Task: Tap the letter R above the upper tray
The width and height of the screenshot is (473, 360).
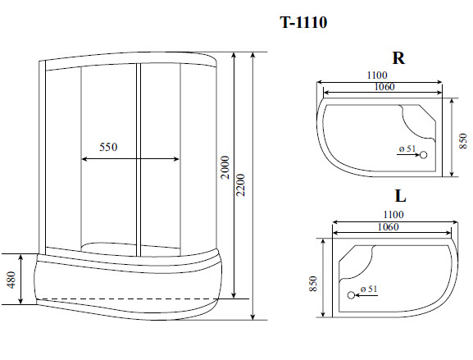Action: coord(398,58)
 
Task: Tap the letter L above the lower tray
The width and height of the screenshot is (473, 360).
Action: coord(399,197)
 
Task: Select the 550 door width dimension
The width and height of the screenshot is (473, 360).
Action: coord(109,148)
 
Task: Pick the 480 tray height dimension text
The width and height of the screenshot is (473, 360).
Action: coord(11,280)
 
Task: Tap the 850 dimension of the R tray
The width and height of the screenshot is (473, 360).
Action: coord(464,139)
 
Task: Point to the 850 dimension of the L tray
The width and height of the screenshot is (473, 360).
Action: coord(315,284)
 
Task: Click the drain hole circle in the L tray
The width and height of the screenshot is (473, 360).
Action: coord(351,295)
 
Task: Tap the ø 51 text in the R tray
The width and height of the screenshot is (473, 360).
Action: coord(407,148)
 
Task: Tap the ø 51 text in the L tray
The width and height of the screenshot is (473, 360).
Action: coord(368,289)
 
